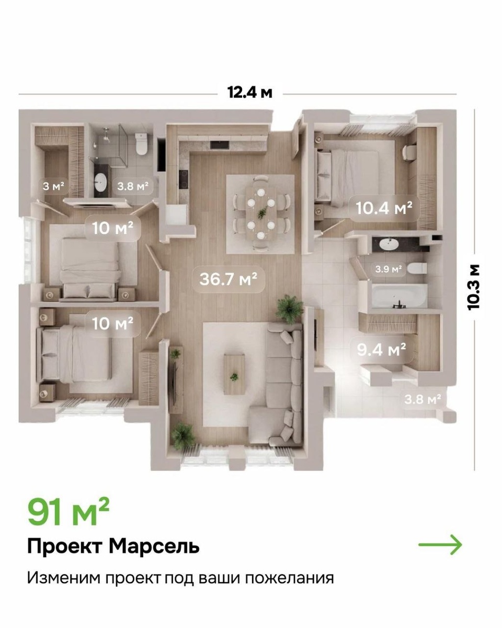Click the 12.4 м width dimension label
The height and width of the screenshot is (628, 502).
250,93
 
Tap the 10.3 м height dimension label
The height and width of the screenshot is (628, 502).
473,287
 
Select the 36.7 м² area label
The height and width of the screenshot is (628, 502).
229,279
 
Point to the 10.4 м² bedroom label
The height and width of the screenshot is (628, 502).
384,208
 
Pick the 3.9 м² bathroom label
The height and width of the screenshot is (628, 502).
388,269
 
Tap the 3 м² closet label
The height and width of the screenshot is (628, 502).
53,186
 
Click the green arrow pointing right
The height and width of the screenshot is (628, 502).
440,545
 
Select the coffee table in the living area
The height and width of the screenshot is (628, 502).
234,374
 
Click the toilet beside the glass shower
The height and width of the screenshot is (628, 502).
142,143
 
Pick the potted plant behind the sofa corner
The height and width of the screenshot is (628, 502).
290,309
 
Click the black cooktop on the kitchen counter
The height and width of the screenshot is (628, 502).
184,180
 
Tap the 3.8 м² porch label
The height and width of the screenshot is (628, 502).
423,399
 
